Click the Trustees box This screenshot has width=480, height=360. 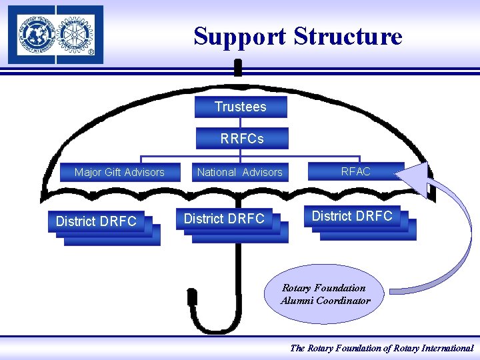point(241,107)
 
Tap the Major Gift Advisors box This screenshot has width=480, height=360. point(119,172)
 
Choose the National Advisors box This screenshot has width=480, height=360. point(240,172)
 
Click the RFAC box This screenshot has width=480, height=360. point(356,171)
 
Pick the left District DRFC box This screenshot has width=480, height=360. point(97,221)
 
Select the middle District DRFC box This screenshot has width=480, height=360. point(225,219)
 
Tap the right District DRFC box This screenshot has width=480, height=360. point(352,216)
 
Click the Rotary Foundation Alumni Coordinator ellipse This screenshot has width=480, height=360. point(325,294)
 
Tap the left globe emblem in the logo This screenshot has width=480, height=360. point(34,33)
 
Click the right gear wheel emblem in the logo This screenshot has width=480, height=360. point(77,33)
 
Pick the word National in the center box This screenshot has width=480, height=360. point(217,172)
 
